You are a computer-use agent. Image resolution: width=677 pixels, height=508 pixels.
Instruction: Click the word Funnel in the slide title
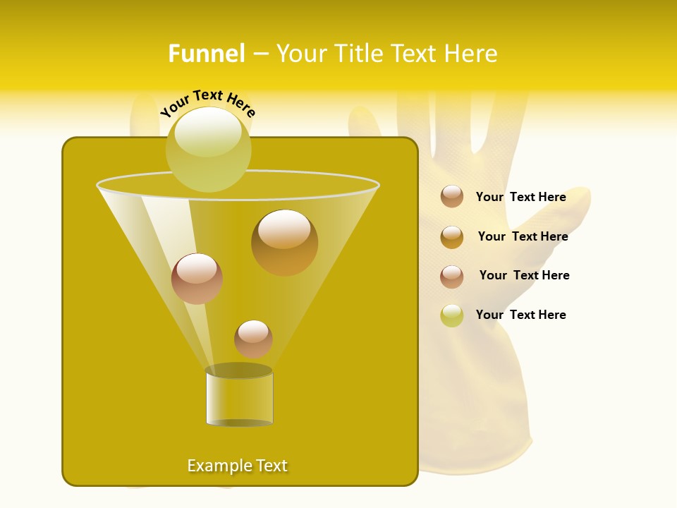pos(206,54)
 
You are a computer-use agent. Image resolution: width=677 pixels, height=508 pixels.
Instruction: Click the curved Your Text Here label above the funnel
pos(208,103)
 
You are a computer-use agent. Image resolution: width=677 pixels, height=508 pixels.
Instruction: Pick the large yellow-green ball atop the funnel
pos(208,150)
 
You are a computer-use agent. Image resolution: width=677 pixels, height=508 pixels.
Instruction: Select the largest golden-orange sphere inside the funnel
pos(284,243)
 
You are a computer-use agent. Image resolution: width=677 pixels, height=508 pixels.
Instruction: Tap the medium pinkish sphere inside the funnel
pos(197,279)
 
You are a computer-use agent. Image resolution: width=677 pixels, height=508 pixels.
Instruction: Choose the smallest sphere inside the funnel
pos(253,339)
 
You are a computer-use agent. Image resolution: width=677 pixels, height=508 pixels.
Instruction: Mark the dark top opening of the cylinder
pos(238,370)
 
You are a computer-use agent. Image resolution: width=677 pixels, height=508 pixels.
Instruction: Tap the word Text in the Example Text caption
pos(271,466)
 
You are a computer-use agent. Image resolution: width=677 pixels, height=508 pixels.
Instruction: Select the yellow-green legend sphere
pos(452,315)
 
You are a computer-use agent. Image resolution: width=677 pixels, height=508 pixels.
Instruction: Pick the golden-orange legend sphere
pos(452,237)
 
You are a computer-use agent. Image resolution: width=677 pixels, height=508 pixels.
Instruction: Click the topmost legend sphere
pos(452,197)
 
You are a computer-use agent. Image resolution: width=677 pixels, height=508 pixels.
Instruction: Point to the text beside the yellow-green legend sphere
pos(520,315)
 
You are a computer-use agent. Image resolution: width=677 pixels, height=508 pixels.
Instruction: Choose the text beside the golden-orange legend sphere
pos(523,236)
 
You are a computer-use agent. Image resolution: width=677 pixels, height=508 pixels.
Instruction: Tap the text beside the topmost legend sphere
pos(520,197)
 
